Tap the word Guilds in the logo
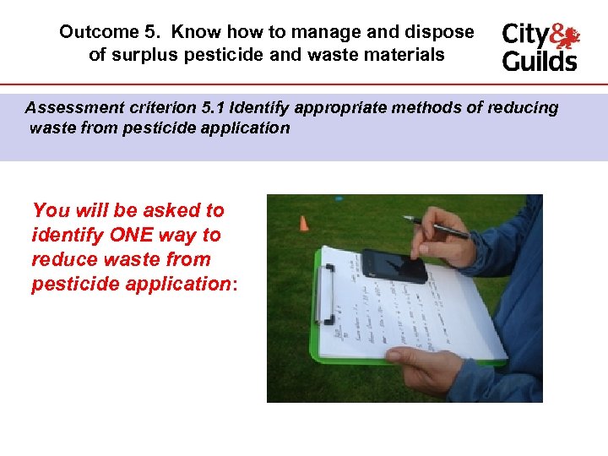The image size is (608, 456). (540, 61)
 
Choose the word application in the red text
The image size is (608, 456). (176, 284)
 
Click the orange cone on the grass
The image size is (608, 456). (303, 224)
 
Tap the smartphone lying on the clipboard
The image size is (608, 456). (394, 264)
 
